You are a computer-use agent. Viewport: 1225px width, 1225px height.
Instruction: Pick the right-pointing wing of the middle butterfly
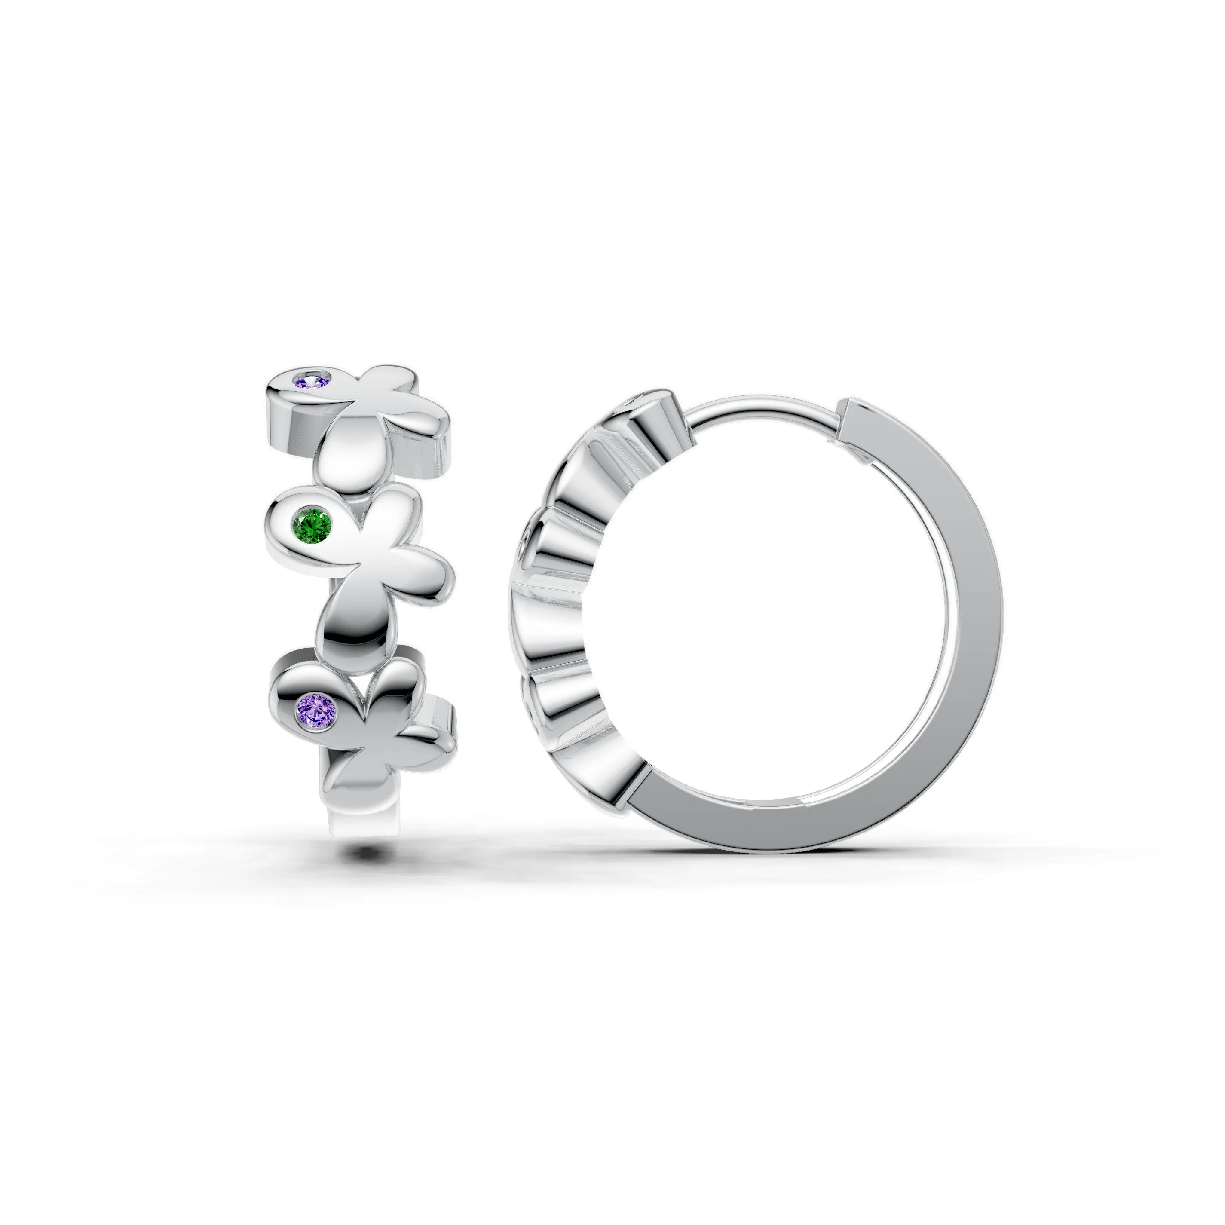412,571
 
